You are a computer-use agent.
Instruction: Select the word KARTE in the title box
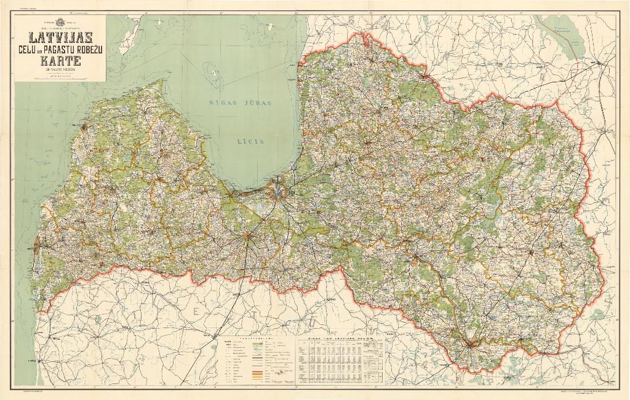click(60, 60)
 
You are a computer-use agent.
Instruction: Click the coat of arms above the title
click(60, 22)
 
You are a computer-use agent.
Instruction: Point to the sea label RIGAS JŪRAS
click(239, 103)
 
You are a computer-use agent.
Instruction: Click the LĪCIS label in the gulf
click(251, 141)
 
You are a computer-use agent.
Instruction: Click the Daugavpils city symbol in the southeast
click(471, 344)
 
